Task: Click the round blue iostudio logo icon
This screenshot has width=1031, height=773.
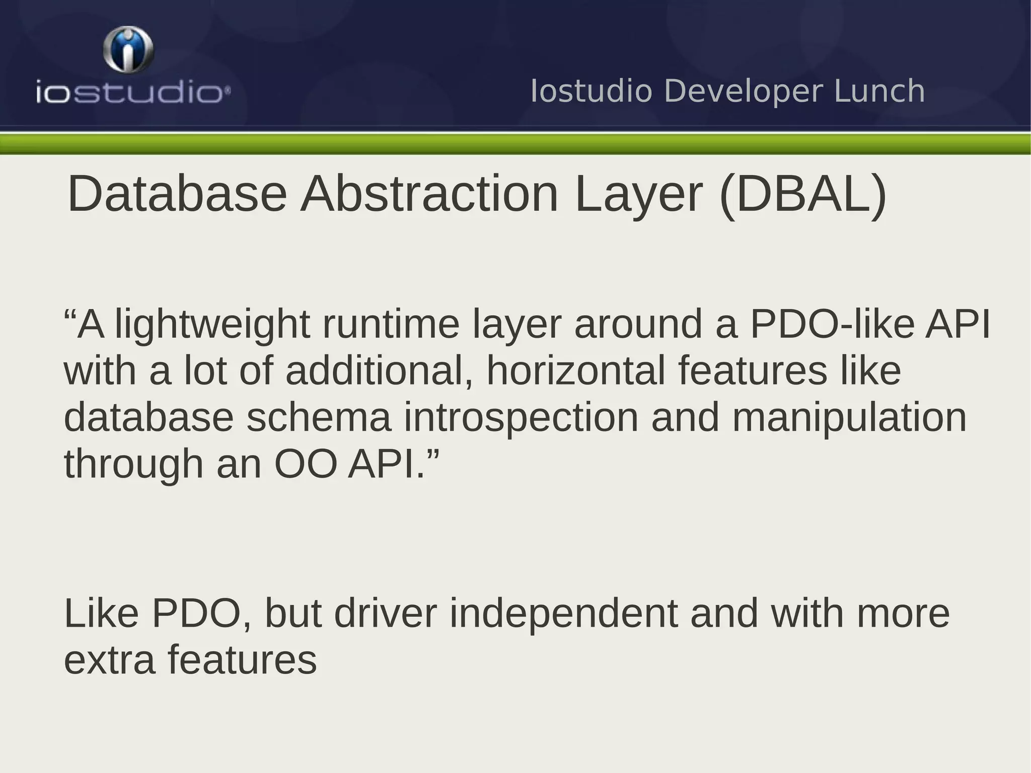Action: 128,49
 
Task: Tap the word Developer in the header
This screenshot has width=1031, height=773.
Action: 744,91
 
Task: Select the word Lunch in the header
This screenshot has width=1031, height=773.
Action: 879,91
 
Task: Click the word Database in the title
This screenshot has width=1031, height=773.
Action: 177,194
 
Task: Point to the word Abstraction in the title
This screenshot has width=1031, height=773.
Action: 429,194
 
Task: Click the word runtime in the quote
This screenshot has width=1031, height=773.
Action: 391,325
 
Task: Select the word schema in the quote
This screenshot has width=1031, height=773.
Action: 319,417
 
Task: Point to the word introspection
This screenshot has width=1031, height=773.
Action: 521,418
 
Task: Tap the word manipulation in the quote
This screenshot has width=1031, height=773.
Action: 849,418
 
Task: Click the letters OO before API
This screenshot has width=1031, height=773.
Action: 305,464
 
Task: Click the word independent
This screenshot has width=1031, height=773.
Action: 563,614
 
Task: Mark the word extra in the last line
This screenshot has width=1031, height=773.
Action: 110,660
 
